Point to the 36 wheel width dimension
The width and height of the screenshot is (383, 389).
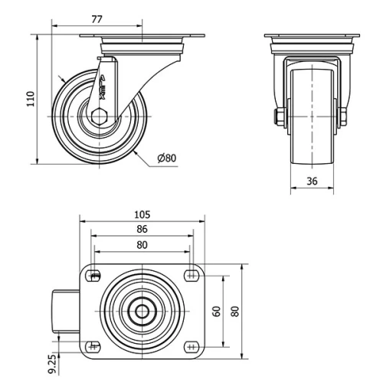point(311,181)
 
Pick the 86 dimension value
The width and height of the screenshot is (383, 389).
point(142,229)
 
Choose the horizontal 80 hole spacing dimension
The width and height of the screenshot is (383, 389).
point(142,245)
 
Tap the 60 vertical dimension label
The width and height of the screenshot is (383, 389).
point(217,311)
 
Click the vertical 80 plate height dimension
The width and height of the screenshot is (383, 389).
point(235,311)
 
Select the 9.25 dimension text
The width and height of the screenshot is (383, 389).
point(51,363)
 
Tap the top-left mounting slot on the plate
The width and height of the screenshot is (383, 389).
point(95,276)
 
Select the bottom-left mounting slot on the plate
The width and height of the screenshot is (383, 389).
point(95,346)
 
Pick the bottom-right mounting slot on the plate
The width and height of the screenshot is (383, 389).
point(191,346)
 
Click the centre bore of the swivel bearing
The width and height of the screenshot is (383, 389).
point(142,311)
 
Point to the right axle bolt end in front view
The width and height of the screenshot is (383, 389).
point(342,117)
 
